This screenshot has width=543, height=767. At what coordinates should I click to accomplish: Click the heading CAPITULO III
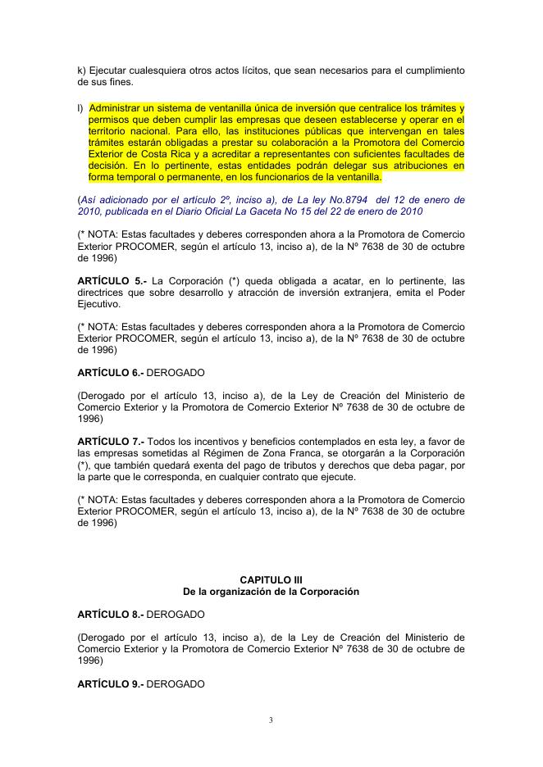[271, 579]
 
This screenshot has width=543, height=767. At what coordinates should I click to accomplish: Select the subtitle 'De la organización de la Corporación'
[271, 591]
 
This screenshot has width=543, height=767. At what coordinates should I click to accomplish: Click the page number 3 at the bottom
[271, 720]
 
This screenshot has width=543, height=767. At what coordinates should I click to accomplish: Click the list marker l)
[80, 107]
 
